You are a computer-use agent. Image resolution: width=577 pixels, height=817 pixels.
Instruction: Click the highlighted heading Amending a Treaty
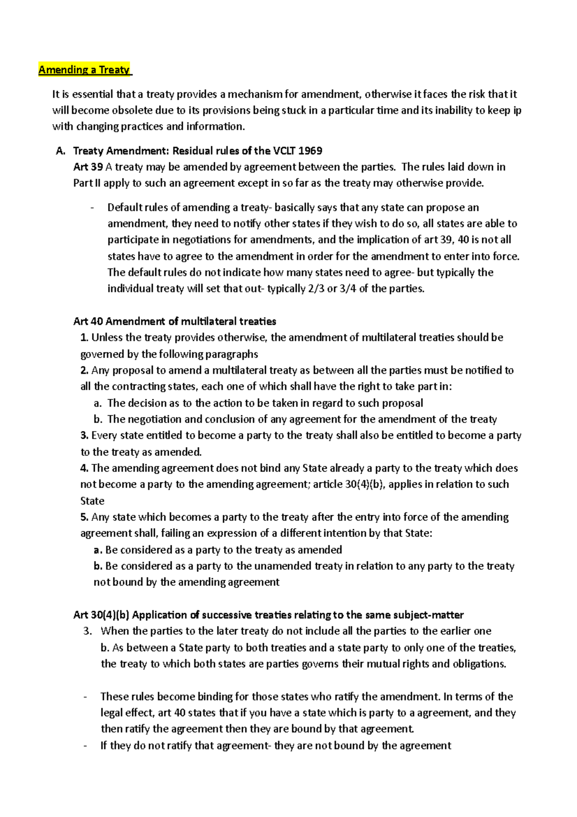pos(84,70)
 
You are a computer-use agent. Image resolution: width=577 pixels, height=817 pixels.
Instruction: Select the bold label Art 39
pos(88,167)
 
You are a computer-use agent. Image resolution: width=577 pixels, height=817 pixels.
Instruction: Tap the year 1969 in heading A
pos(310,151)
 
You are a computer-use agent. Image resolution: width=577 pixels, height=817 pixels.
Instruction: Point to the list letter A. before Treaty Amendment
pos(61,151)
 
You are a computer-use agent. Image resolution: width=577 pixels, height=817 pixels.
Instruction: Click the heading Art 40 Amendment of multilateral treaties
pos(175,321)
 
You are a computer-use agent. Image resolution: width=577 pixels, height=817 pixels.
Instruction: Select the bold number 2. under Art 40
pos(85,370)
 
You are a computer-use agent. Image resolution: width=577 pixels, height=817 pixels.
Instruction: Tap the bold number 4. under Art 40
pos(85,468)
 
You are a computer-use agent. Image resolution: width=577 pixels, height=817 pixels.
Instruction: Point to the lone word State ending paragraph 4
pos(92,501)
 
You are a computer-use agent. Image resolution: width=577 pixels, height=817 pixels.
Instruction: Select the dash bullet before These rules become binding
pos(85,697)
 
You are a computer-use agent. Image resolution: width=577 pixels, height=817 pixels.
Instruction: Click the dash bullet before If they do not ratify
pos(85,746)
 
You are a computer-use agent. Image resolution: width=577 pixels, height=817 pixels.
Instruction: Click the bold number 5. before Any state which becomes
pos(85,517)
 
